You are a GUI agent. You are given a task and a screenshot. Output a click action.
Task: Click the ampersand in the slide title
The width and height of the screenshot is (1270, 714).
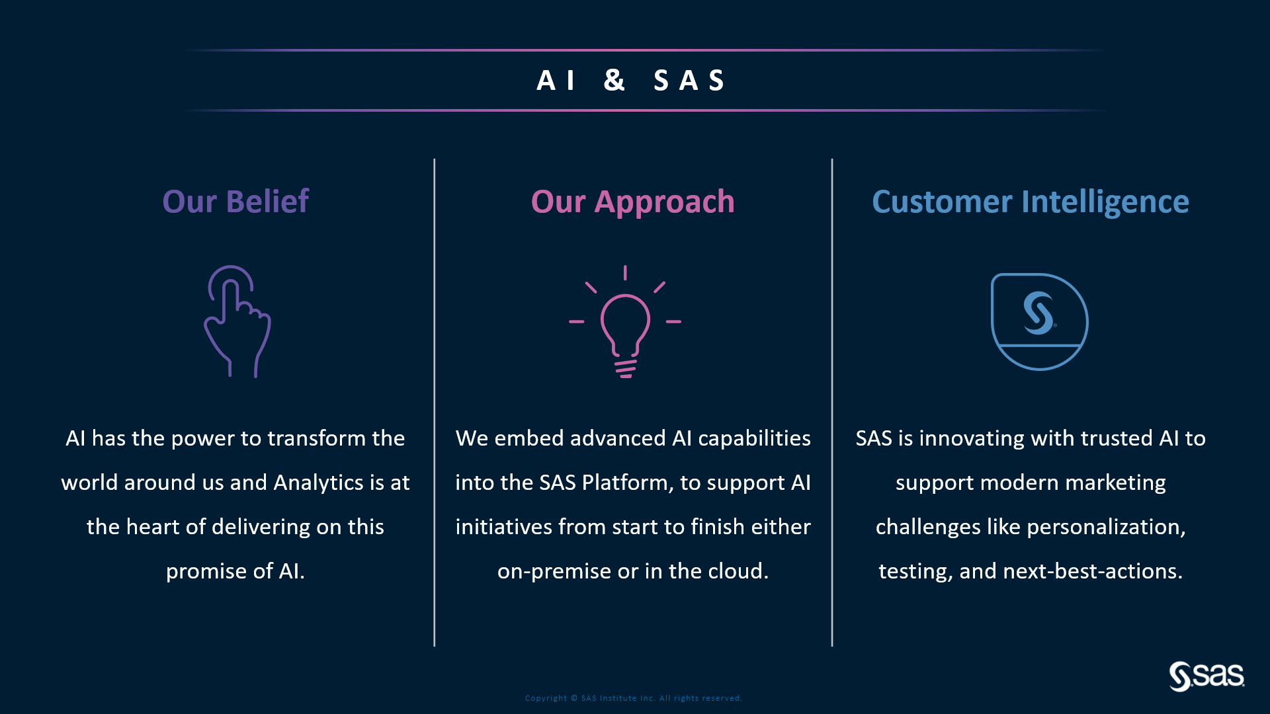[x=614, y=80]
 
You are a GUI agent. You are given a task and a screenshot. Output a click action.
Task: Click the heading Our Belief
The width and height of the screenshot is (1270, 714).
[x=235, y=201]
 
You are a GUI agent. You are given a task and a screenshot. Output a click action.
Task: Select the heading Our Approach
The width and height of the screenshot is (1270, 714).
[x=632, y=202]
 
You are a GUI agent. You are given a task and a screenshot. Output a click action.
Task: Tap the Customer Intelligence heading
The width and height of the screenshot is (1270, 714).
[x=1030, y=202]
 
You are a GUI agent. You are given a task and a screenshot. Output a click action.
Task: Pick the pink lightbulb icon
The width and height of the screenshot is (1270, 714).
[x=625, y=322]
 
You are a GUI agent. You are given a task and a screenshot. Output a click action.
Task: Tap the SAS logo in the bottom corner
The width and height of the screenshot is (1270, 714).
[x=1206, y=676]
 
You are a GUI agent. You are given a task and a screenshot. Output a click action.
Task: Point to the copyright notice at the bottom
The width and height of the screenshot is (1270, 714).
[x=633, y=698]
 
